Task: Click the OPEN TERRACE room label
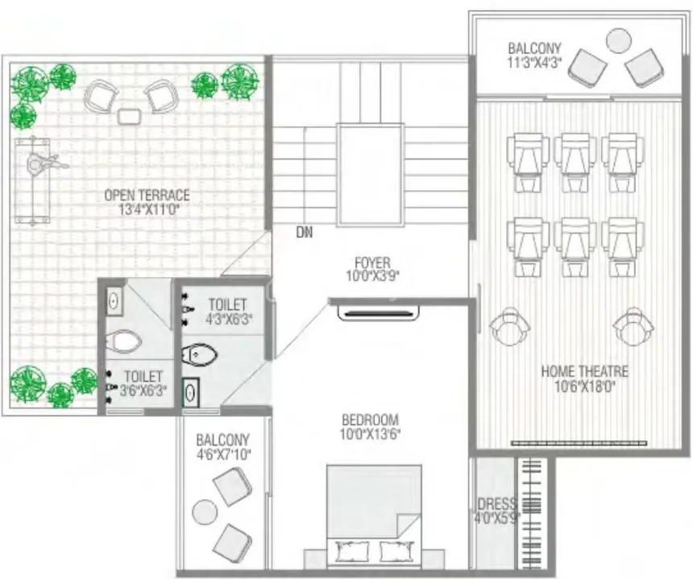pos(147,195)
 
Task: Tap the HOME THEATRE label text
pos(584,371)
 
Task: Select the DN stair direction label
pos(304,232)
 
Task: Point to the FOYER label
pos(372,263)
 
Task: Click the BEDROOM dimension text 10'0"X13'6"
pos(370,434)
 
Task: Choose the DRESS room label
pos(496,503)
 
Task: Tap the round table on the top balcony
pos(618,41)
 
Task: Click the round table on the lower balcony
pos(205,513)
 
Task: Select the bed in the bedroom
pos(374,517)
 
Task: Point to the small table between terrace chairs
pos(130,116)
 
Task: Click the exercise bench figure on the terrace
pos(34,181)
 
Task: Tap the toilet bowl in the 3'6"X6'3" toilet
pos(124,341)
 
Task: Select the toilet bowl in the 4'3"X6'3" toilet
pos(199,354)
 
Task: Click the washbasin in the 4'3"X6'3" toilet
pos(191,393)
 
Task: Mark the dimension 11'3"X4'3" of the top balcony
pos(534,62)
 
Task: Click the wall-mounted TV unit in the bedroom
pos(378,313)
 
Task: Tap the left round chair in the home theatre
pos(509,328)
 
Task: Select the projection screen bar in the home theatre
pos(579,443)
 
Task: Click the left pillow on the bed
pos(352,550)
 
